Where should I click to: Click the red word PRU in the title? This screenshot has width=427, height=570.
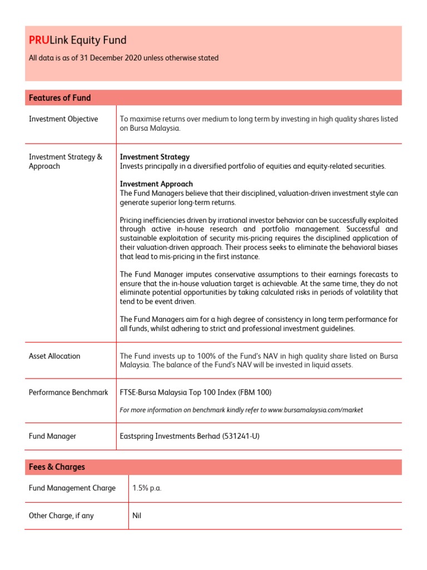tap(39, 40)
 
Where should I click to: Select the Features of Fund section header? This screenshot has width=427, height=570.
tap(59, 98)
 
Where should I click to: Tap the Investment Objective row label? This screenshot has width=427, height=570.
tap(63, 119)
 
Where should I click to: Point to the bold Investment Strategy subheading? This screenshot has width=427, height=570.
tap(155, 157)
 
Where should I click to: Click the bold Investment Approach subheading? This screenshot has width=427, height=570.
tap(156, 184)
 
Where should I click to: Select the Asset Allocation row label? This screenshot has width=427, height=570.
tap(54, 356)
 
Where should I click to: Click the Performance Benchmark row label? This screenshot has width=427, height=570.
tap(68, 392)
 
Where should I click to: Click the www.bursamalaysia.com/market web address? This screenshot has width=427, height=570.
tap(315, 410)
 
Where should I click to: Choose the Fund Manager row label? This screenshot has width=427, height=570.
tap(52, 436)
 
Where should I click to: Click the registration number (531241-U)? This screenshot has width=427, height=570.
tap(241, 436)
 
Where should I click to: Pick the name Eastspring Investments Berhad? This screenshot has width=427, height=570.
tap(170, 436)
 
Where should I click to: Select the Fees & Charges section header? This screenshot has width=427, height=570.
tap(57, 467)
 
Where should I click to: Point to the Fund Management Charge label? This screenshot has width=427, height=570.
tap(72, 488)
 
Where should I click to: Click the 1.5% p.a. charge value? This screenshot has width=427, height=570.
tap(147, 488)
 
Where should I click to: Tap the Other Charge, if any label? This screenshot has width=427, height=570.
tap(61, 516)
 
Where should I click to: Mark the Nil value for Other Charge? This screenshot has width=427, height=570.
tap(137, 516)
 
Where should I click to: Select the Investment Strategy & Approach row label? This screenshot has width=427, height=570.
tap(66, 161)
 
